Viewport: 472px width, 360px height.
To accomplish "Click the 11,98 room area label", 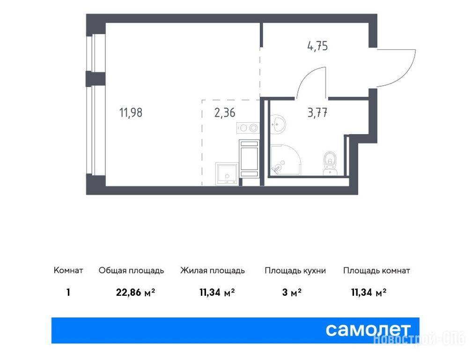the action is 131,112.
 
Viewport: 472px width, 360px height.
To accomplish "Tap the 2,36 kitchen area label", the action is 225,112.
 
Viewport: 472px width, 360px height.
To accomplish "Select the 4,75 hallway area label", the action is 317,46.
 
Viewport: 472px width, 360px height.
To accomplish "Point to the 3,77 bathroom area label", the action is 317,112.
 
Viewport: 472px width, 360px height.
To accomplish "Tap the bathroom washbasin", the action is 277,123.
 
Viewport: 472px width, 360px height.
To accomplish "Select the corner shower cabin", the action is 285,160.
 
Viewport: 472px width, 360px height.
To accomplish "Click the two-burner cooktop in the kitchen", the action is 248,128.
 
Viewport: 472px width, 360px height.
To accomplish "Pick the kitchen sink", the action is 227,174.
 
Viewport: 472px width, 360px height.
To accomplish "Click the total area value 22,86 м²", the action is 135,292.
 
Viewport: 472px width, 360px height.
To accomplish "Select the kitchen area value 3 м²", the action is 292,292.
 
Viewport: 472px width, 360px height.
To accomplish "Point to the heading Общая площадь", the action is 131,270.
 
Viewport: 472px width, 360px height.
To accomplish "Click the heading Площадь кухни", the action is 295,270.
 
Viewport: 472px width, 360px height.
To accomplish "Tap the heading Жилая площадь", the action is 213,270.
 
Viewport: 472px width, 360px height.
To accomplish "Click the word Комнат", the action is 68,270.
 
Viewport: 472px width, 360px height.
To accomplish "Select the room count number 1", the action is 68,292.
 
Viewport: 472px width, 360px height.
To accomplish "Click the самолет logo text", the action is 368,330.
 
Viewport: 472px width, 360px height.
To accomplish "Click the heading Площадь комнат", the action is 376,270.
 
